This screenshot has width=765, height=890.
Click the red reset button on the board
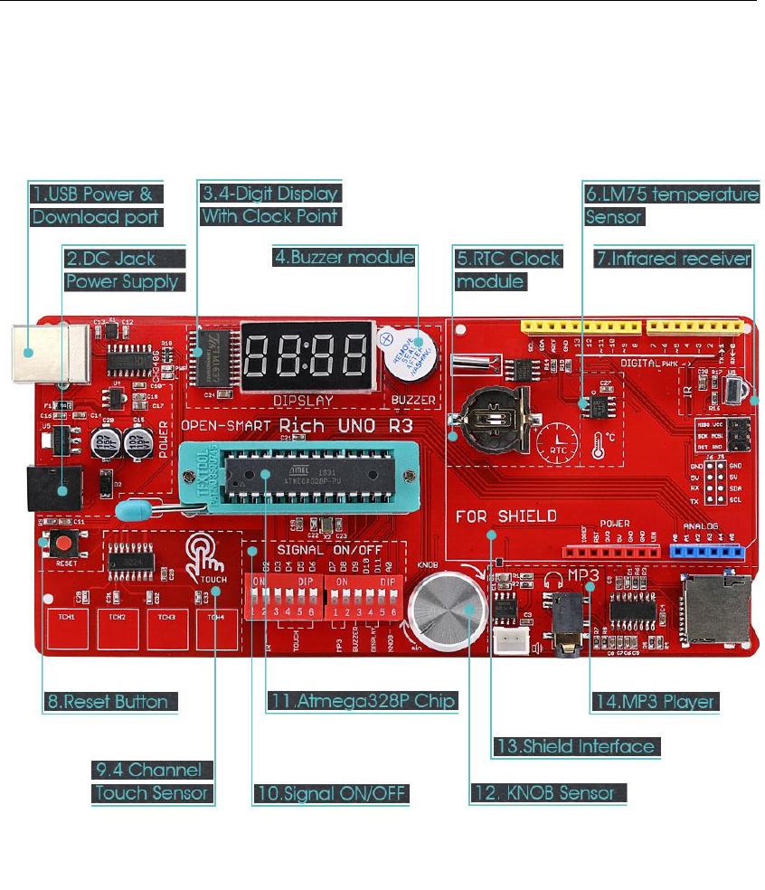coord(64,544)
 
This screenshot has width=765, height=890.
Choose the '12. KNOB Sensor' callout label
coord(547,793)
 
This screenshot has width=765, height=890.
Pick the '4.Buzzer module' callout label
coord(345,258)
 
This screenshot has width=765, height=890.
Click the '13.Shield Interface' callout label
coord(574,746)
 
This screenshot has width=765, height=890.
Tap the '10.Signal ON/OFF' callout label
coord(330,793)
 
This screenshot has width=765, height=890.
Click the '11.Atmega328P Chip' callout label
coord(361,701)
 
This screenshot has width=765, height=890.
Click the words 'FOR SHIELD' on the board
coord(505,517)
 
